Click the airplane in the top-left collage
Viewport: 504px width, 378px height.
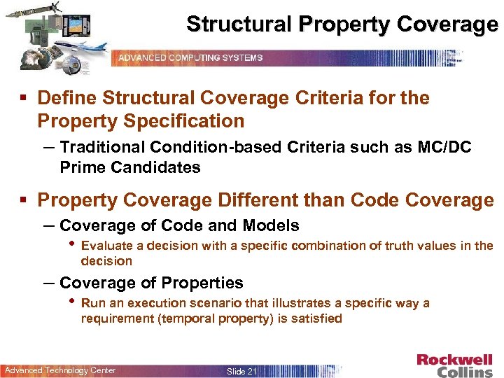[x=87, y=50]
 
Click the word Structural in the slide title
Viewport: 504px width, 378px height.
[x=239, y=24]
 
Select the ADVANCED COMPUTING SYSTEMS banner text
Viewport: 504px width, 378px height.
[x=190, y=57]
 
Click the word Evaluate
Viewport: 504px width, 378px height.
[x=106, y=246]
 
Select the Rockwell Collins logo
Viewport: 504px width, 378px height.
[x=455, y=365]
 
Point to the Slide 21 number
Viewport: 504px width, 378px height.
[x=241, y=371]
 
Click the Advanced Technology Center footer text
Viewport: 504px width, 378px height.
[x=60, y=370]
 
